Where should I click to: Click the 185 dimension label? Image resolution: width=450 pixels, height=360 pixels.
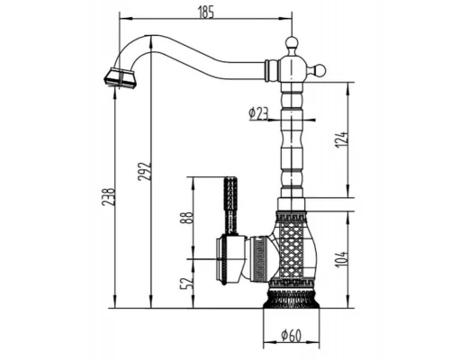(x=206, y=13)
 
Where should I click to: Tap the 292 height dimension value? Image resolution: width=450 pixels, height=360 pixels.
(x=144, y=172)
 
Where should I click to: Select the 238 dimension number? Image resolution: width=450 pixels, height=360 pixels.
(x=108, y=197)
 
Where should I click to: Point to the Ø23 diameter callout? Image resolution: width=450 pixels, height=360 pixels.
(x=258, y=114)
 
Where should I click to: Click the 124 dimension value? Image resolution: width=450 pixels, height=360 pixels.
(x=342, y=139)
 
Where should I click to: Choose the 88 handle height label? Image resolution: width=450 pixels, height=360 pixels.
(x=186, y=219)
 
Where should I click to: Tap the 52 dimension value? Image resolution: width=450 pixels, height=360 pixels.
(x=186, y=283)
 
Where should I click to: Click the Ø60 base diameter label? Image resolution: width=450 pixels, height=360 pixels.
(x=291, y=336)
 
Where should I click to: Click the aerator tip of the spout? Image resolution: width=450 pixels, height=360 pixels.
(x=120, y=78)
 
